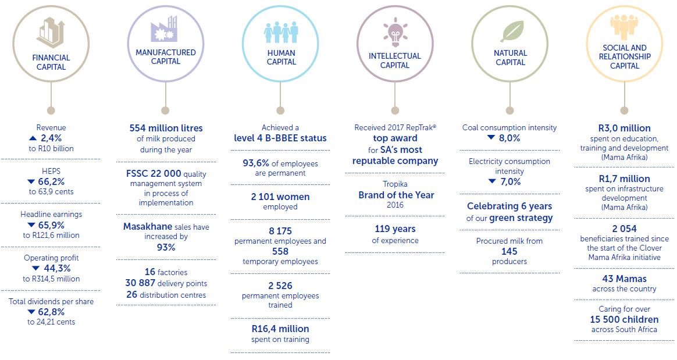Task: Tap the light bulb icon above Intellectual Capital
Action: click(395, 32)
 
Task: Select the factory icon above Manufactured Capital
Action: click(165, 29)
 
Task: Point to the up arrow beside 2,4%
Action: click(32, 138)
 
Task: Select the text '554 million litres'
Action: click(165, 128)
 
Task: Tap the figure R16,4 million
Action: click(280, 329)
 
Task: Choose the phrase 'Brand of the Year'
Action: click(396, 195)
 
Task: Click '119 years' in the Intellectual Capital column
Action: click(395, 230)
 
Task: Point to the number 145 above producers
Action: click(509, 251)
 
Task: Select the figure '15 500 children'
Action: click(624, 319)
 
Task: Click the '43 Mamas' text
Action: click(624, 279)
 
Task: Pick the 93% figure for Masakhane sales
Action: click(166, 247)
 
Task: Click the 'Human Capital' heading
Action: click(281, 57)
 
